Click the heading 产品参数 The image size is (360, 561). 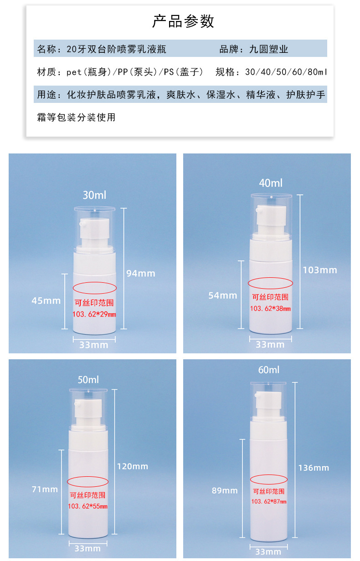(x=183, y=21)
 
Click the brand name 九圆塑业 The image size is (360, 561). (x=268, y=49)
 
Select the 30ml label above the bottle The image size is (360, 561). (x=94, y=195)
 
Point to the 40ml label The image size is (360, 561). (x=271, y=183)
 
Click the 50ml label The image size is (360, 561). (x=88, y=379)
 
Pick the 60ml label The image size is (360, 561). (x=269, y=370)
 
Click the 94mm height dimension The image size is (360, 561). (x=141, y=273)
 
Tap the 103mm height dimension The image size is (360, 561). (x=320, y=270)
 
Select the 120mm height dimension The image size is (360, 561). (x=133, y=466)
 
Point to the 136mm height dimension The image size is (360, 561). (x=314, y=468)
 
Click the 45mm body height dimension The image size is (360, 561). (x=46, y=301)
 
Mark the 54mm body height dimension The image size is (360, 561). (x=223, y=296)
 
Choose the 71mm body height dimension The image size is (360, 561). (x=45, y=490)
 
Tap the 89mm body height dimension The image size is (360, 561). (x=224, y=490)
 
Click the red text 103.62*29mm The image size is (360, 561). (x=94, y=314)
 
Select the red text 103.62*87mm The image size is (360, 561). (x=269, y=501)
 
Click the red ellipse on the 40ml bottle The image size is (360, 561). (x=270, y=283)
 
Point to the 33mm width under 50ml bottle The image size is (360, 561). (x=88, y=548)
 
